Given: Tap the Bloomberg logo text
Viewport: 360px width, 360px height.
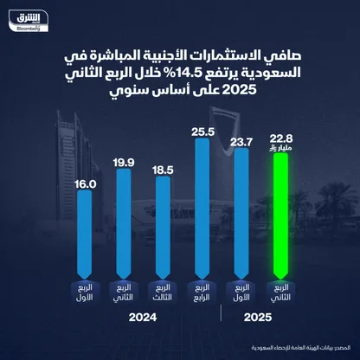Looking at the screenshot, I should pyautogui.click(x=31, y=28).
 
